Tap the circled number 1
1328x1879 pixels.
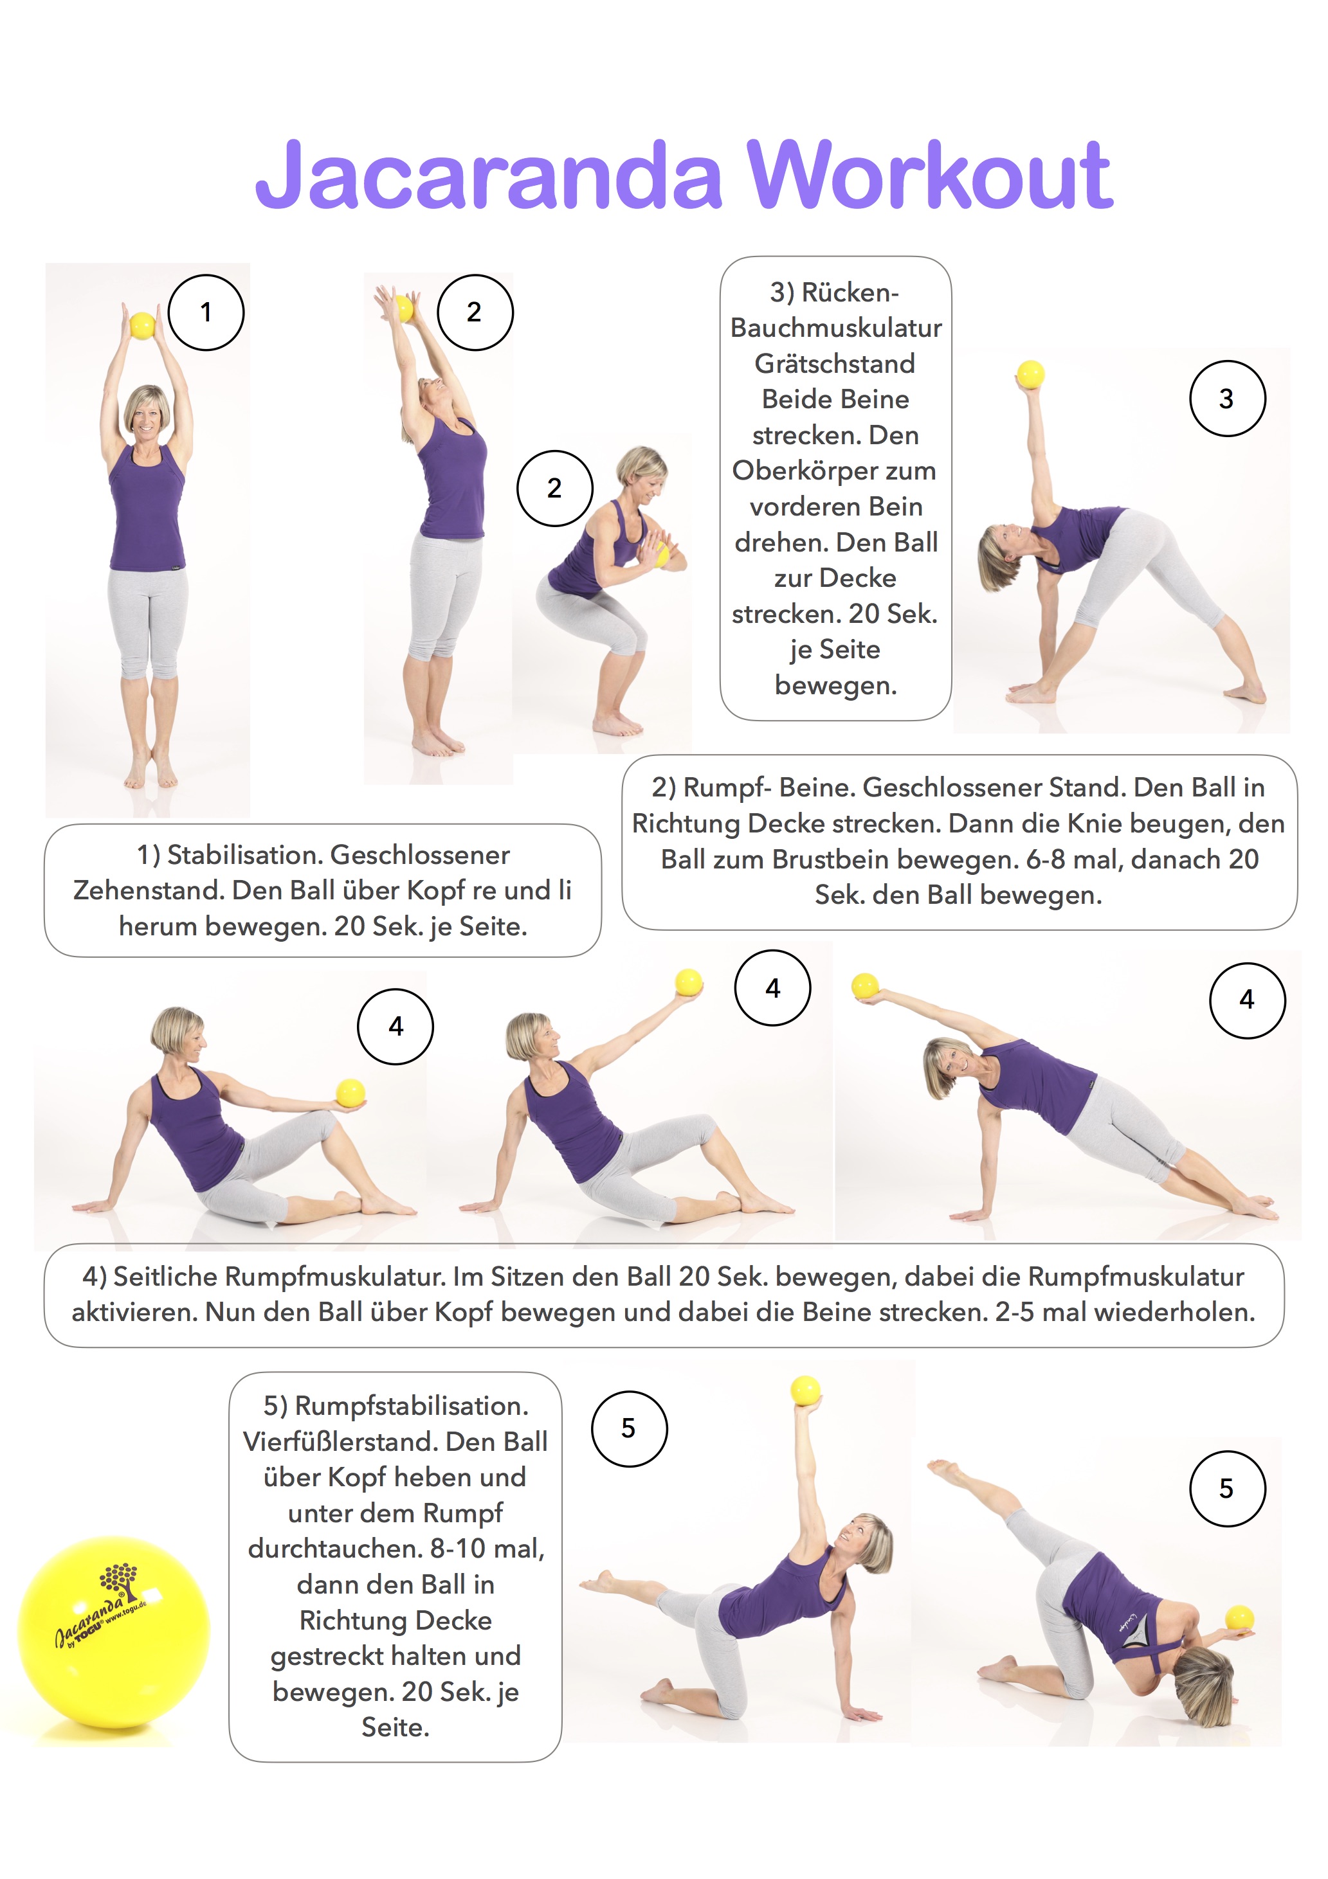[x=206, y=312]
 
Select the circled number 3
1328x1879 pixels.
[x=1227, y=399]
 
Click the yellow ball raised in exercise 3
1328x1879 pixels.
[x=1030, y=375]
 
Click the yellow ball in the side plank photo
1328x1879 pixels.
[x=864, y=985]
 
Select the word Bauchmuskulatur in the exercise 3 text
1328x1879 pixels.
[x=836, y=327]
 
